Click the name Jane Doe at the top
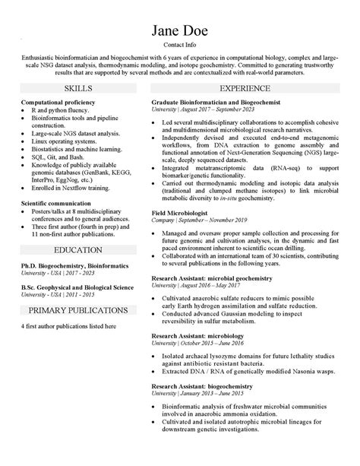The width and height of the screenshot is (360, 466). coord(179,31)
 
